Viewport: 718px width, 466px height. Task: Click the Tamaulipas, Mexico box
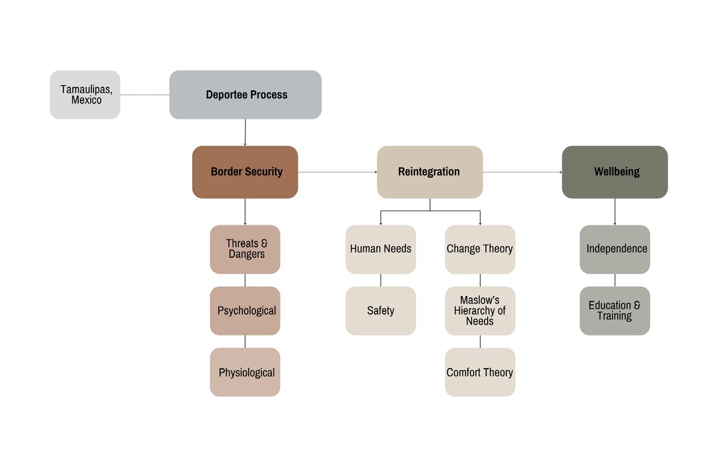[x=85, y=95]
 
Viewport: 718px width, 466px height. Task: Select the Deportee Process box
[x=245, y=95]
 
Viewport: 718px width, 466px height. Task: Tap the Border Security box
[x=245, y=172]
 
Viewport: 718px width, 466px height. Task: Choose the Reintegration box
[x=430, y=172]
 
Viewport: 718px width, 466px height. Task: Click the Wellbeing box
[x=615, y=172]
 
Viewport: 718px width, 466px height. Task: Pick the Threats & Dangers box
[x=245, y=249]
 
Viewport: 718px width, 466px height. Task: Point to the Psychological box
[x=245, y=311]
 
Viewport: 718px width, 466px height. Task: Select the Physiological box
[x=245, y=372]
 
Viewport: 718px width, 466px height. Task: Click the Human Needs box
[x=381, y=249]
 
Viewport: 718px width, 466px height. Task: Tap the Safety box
[x=381, y=311]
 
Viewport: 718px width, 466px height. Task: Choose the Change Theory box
[x=480, y=249]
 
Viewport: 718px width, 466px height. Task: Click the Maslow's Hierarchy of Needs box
[x=480, y=311]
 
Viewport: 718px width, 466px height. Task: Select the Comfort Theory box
[x=480, y=372]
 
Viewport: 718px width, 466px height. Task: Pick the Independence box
[x=615, y=249]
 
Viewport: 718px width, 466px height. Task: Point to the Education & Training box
[x=615, y=311]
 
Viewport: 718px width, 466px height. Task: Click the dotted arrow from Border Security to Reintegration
[x=337, y=172]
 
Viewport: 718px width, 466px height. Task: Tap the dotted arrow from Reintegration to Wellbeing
[x=522, y=172]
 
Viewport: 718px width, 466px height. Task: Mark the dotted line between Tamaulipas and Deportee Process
[x=145, y=95]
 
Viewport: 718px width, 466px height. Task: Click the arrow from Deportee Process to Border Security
[x=245, y=132]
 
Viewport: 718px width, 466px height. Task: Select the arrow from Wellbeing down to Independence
[x=615, y=211]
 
